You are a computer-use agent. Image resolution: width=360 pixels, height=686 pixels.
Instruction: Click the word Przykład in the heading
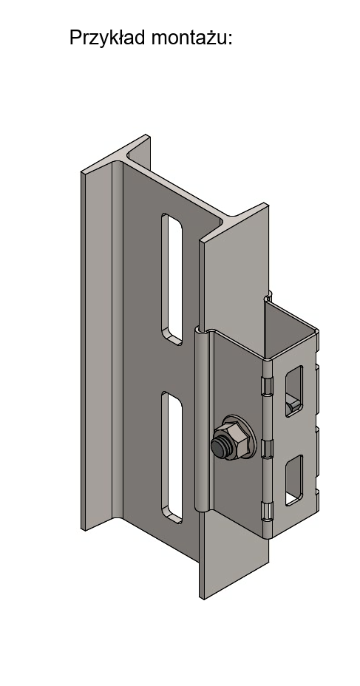[107, 38]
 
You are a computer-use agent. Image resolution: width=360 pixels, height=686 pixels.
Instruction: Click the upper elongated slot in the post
[172, 279]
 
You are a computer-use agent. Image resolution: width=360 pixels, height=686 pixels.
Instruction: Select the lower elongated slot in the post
[172, 457]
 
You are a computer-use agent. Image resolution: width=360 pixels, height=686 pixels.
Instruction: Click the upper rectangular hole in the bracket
[294, 390]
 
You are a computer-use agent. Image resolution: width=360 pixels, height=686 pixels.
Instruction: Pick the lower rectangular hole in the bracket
[294, 480]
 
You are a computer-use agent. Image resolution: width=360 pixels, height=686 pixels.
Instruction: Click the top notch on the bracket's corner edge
[267, 384]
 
